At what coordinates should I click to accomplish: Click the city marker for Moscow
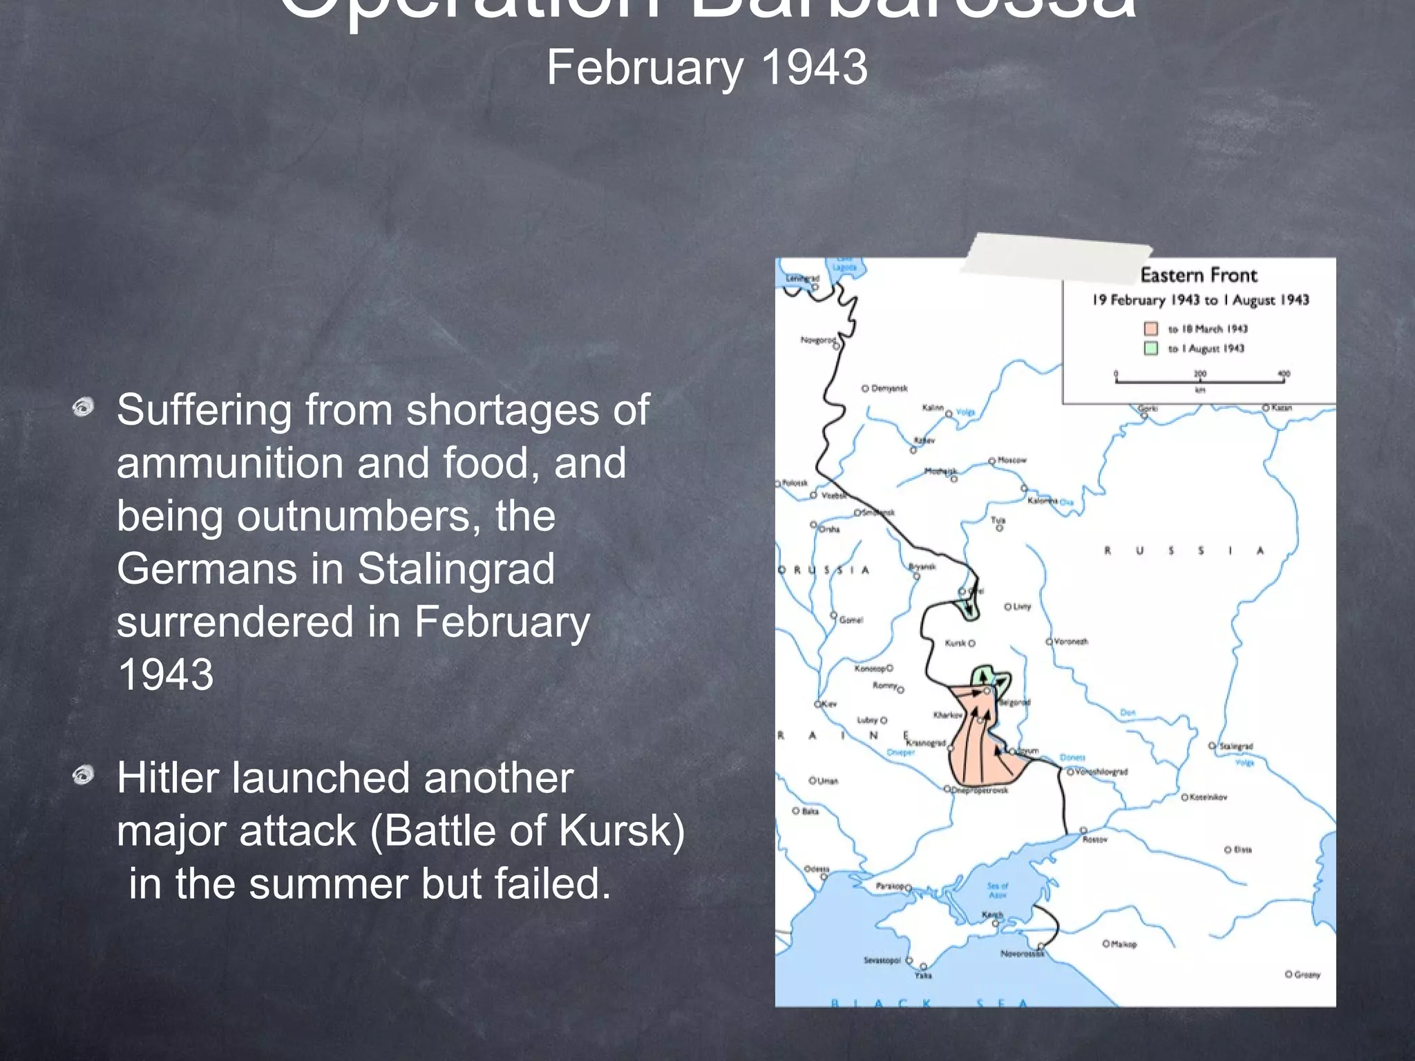click(x=992, y=461)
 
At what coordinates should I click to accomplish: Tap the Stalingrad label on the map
click(x=1236, y=746)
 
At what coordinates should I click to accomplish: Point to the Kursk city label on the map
click(x=955, y=643)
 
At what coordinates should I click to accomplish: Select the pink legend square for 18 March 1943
click(x=1150, y=329)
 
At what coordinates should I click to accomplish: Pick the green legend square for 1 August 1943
click(x=1150, y=348)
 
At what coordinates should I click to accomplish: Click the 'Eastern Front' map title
click(x=1199, y=276)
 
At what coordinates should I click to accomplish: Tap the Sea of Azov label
click(x=998, y=890)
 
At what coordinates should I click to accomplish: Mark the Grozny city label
click(x=1307, y=975)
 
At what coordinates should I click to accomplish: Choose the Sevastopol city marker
click(x=909, y=960)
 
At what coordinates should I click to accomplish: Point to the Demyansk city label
click(x=889, y=388)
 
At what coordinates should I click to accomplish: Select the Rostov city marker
click(x=1083, y=830)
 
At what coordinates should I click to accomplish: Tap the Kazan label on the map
click(x=1281, y=408)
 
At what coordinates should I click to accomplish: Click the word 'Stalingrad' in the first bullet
click(x=456, y=568)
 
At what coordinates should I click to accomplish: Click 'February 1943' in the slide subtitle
click(x=707, y=68)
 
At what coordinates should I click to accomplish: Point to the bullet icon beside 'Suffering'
click(x=83, y=408)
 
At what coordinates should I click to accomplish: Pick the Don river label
click(x=1128, y=712)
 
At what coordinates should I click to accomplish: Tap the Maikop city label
click(x=1123, y=944)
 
